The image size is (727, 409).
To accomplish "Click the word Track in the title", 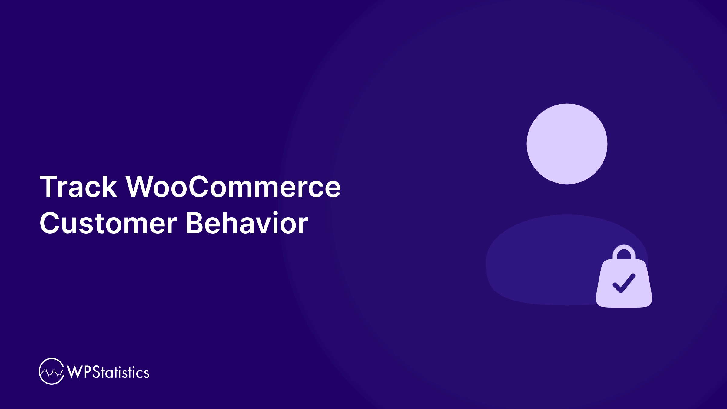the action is (x=78, y=187).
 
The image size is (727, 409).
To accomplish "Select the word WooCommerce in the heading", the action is (x=233, y=187).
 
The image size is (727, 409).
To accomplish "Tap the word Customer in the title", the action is (x=108, y=223).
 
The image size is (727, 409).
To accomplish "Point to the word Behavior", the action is (x=247, y=223).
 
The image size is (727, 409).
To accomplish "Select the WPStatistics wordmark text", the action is (x=108, y=372).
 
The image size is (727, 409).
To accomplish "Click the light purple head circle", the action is (x=567, y=144).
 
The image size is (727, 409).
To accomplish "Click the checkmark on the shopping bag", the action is (x=624, y=283).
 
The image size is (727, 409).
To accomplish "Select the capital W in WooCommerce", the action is (x=141, y=187).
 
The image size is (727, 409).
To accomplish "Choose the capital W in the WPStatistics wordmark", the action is (x=75, y=372).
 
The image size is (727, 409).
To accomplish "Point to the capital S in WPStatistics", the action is (x=96, y=372).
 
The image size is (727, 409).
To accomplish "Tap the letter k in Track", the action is (x=109, y=187).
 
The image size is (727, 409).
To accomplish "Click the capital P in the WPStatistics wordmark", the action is (x=88, y=372).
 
